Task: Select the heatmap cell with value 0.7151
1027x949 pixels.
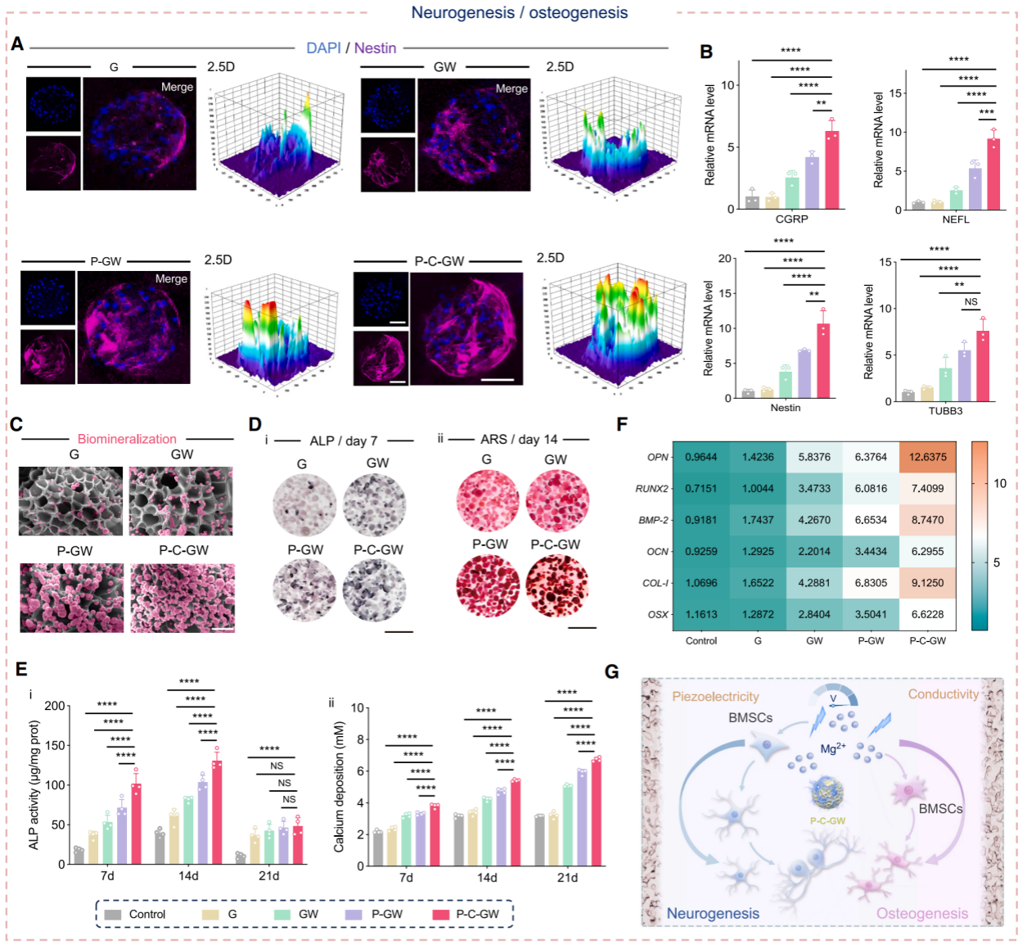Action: point(700,488)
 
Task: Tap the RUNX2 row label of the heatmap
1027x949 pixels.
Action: point(652,489)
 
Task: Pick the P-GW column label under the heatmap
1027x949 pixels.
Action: point(871,640)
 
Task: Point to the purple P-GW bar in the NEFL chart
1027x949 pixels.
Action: point(975,188)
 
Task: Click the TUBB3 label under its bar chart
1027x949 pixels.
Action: point(945,410)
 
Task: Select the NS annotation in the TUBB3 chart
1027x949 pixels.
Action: point(971,301)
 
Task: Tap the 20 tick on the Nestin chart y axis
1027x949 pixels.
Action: point(725,259)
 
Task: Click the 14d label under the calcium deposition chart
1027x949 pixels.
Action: point(487,877)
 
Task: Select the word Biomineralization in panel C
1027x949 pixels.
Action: point(127,439)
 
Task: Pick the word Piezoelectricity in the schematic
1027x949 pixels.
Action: point(715,696)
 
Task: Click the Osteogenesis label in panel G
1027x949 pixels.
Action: point(922,913)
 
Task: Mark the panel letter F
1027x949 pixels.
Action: point(622,424)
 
